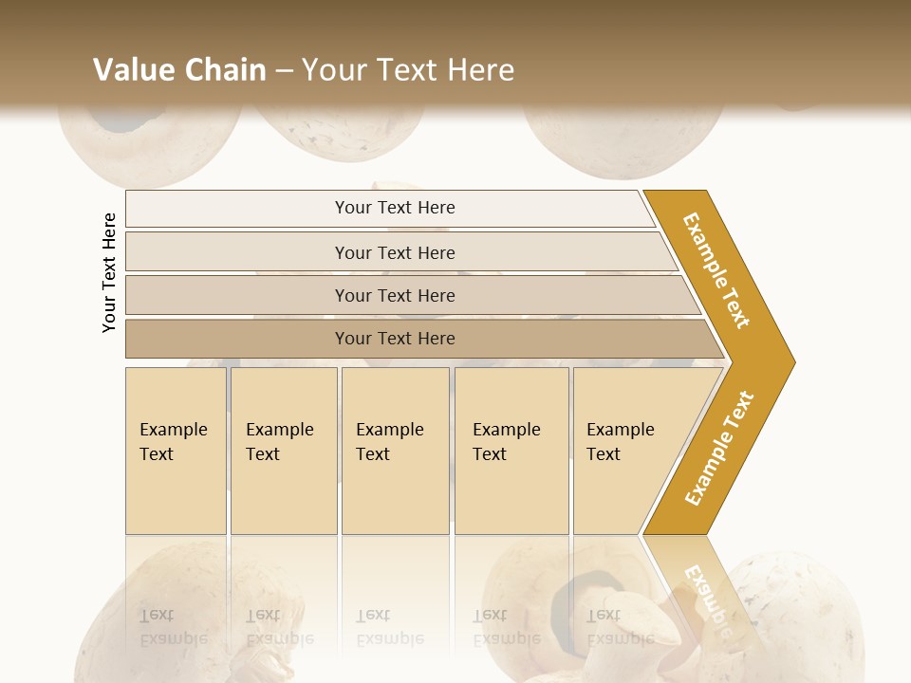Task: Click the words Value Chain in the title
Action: [x=179, y=69]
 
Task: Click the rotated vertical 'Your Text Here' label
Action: [x=109, y=272]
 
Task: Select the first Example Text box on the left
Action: [x=176, y=451]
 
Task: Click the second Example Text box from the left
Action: [x=283, y=451]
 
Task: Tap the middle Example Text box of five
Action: [x=395, y=451]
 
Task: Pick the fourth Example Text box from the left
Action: [x=511, y=451]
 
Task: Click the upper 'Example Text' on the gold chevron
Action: [x=716, y=270]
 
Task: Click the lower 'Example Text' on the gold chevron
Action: [x=719, y=448]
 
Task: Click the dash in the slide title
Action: [x=284, y=70]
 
